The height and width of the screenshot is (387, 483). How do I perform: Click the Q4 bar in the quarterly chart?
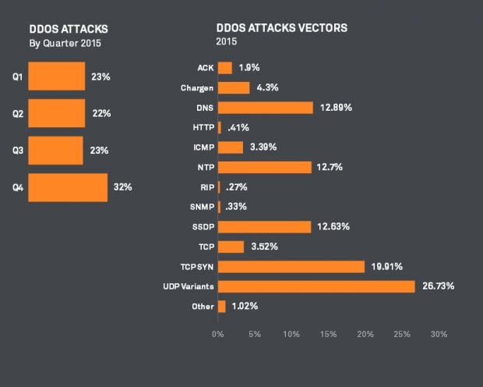tap(68, 187)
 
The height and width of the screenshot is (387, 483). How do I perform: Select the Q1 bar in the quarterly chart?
tap(56, 76)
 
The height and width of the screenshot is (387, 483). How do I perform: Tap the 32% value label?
tap(122, 187)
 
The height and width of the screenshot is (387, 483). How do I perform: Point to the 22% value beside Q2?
tap(101, 113)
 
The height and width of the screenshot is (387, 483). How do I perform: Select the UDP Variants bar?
tap(316, 286)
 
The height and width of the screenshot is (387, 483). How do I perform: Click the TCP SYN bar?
tap(291, 267)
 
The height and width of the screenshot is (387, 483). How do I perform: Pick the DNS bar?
tap(266, 108)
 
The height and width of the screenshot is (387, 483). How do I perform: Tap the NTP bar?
tap(265, 167)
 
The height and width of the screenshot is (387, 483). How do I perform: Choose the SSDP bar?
tap(265, 227)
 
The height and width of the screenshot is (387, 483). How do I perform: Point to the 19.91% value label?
tap(387, 267)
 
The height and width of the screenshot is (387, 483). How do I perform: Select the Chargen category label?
tap(198, 88)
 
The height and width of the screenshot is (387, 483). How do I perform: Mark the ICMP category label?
tap(203, 147)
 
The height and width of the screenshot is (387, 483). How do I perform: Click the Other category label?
tap(203, 307)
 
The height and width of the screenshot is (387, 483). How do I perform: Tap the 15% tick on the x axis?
tap(328, 334)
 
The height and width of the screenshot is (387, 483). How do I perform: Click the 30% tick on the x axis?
tap(439, 334)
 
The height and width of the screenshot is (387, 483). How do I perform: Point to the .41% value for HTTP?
tap(238, 127)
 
